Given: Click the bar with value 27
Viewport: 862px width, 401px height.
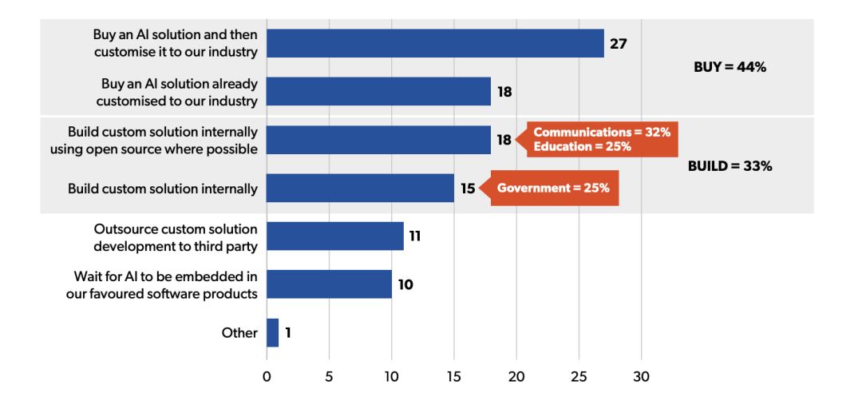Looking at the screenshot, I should (x=435, y=43).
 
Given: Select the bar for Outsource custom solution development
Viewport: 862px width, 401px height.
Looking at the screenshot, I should (x=335, y=236).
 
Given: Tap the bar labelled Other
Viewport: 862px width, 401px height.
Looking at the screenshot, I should (x=272, y=332).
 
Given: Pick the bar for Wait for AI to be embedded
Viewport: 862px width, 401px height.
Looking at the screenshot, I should (x=329, y=284).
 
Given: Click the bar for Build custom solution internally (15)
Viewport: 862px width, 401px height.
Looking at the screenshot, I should (x=360, y=189).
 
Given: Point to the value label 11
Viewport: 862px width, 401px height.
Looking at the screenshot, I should (x=415, y=236).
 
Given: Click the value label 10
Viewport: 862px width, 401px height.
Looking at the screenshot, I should (x=405, y=284).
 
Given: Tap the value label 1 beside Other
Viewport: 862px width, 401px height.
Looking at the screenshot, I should (x=287, y=332).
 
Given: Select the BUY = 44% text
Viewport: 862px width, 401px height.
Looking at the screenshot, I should (x=730, y=68).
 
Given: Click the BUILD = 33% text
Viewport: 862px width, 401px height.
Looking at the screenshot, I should (x=730, y=166).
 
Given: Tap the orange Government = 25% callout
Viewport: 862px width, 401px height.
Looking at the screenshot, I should (x=553, y=189).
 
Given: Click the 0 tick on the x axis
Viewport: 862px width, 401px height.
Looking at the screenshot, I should (x=267, y=377).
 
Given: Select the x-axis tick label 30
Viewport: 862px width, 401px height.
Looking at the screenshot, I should (x=642, y=377).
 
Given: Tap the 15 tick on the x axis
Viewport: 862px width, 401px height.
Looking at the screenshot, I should (x=454, y=377).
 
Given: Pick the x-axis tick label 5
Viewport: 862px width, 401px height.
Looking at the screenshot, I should (x=329, y=377).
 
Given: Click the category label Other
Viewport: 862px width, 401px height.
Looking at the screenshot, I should (x=239, y=333).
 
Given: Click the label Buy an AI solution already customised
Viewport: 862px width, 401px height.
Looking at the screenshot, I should (x=177, y=92).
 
